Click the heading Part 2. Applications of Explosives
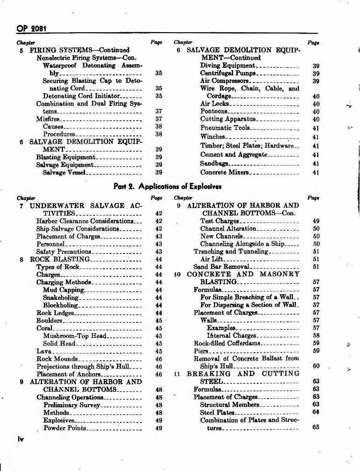click(168, 186)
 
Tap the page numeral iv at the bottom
click(21, 438)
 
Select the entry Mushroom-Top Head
click(74, 336)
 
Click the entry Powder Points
click(65, 428)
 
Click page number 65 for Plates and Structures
click(315, 427)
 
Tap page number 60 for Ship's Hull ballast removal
click(315, 366)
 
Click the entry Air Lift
click(213, 259)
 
